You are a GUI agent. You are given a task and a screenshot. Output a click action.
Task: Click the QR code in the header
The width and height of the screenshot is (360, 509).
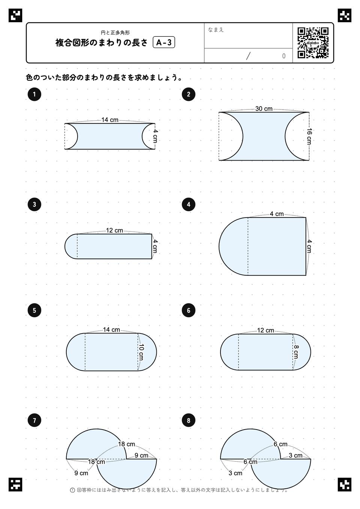tap(313, 43)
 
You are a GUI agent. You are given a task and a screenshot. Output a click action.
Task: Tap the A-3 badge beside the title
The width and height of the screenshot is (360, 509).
tap(164, 42)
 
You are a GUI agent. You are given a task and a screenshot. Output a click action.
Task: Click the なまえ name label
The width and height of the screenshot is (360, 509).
tap(216, 30)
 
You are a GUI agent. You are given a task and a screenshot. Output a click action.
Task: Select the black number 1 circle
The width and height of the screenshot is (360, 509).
tap(34, 94)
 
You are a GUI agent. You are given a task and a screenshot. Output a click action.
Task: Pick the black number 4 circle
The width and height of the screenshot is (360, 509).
tap(189, 204)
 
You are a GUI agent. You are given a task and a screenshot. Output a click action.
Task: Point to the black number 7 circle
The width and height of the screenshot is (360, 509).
tap(34, 420)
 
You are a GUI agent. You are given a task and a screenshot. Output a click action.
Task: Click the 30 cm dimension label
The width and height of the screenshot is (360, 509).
tap(264, 109)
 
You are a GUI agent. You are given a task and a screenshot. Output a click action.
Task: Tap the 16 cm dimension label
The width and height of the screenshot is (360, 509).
tap(309, 136)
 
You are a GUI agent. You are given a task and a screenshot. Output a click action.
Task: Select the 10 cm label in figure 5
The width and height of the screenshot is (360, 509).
tap(141, 353)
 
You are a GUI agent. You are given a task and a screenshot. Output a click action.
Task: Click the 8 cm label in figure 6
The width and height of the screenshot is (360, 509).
tap(296, 352)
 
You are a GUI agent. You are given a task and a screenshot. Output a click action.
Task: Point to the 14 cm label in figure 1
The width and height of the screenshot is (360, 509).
tap(110, 120)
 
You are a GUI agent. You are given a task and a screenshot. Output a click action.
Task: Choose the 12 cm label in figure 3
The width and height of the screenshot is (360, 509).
tap(114, 230)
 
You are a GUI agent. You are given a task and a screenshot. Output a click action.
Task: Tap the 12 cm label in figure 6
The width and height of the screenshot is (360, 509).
tap(265, 330)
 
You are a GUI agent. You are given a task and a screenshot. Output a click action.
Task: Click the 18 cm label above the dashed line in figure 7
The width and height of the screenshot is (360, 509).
tap(126, 444)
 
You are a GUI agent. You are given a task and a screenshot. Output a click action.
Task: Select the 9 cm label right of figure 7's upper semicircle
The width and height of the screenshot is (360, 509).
tap(141, 455)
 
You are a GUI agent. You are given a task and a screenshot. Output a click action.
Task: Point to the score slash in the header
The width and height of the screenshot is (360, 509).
tap(248, 56)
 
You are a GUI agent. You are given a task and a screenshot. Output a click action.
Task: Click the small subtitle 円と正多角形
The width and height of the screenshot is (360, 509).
tap(115, 33)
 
